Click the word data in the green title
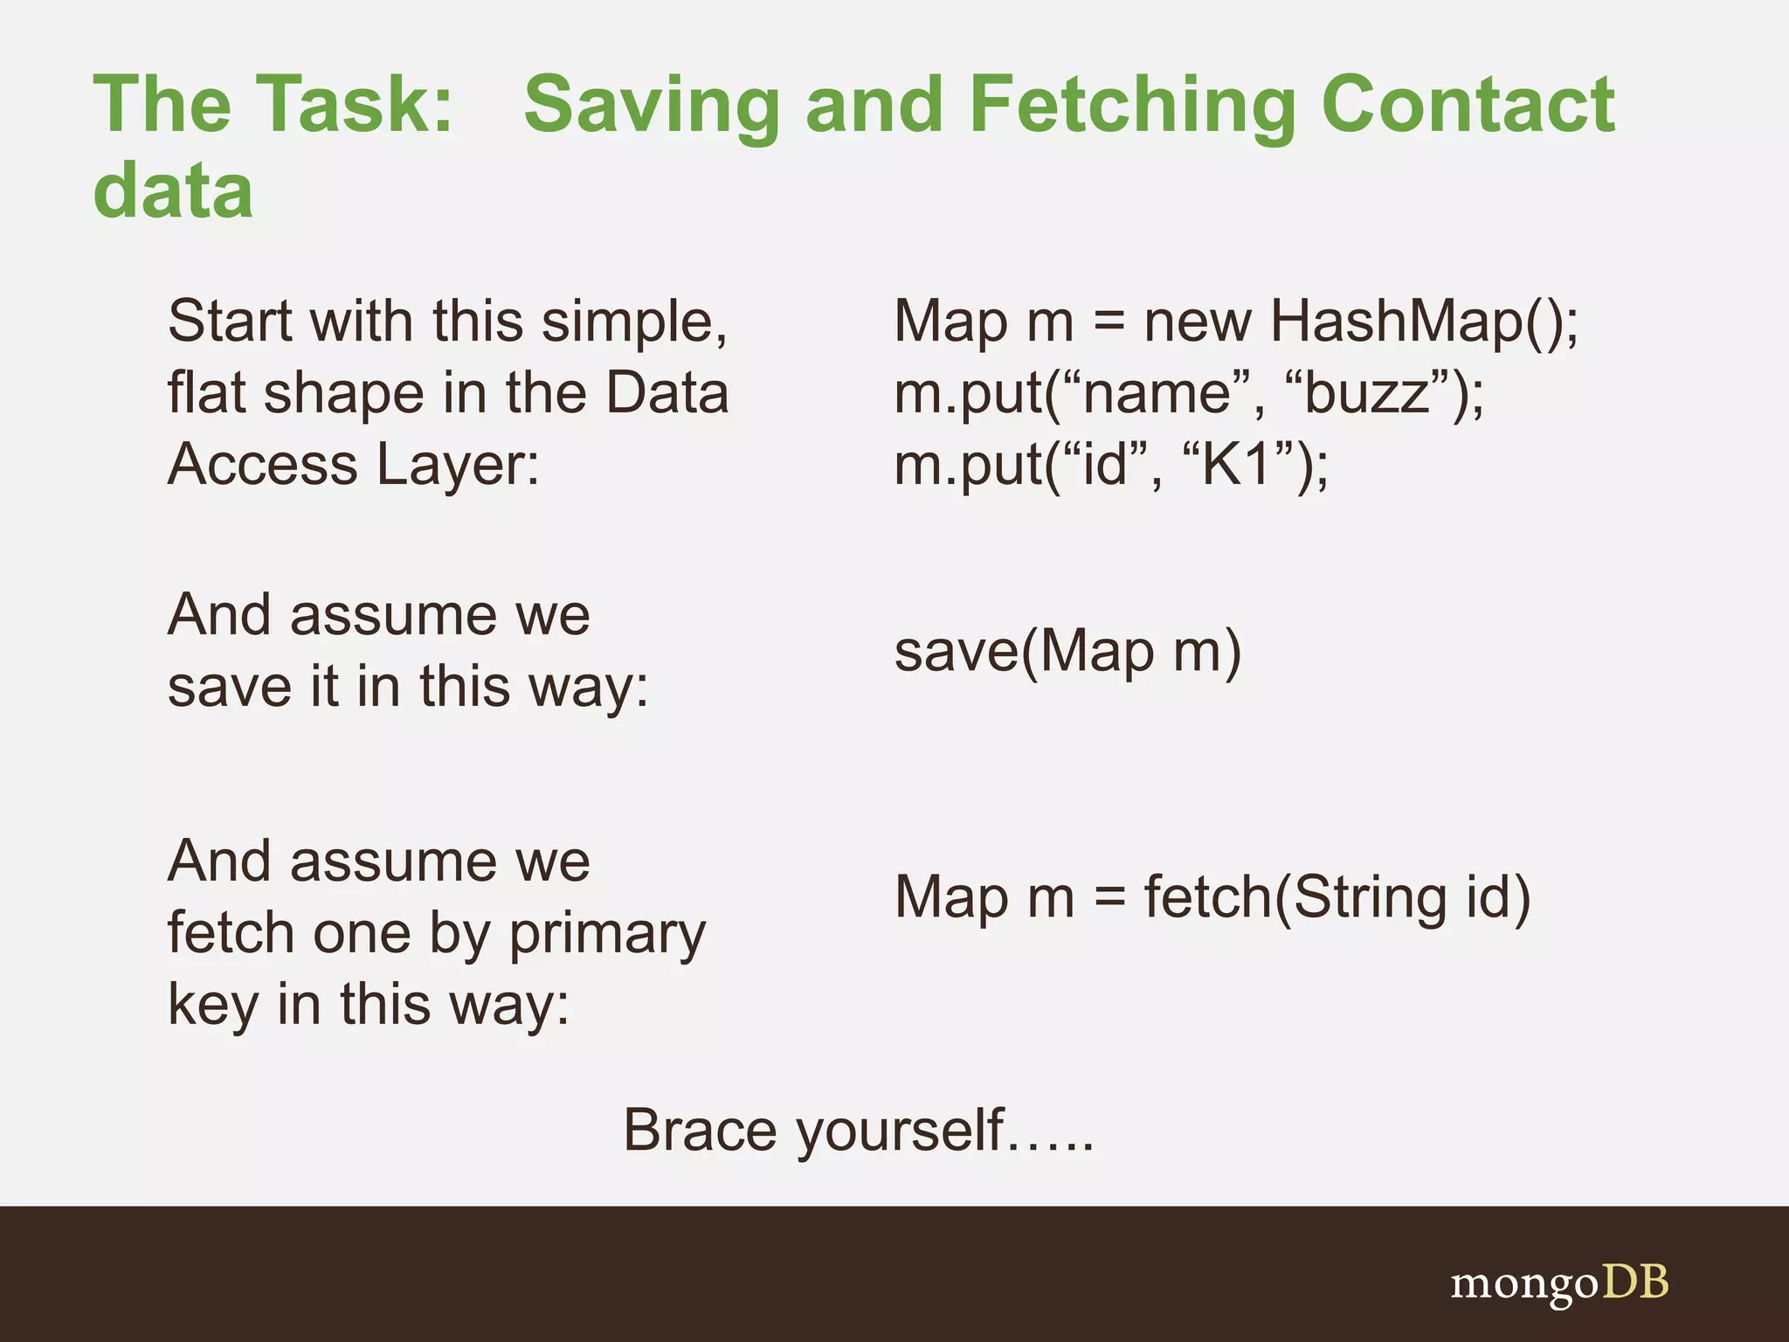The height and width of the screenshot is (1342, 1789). (x=173, y=190)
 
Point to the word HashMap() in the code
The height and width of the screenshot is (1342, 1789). (x=1424, y=322)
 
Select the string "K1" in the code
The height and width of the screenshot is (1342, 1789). (x=1236, y=464)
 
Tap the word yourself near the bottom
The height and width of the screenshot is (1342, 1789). (x=900, y=1131)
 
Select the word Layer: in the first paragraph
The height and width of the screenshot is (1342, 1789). (x=459, y=465)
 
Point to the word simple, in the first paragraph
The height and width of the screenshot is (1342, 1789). (x=634, y=322)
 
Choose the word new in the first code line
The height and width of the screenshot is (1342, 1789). (x=1197, y=322)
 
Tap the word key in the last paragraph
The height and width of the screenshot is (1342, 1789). (x=213, y=1005)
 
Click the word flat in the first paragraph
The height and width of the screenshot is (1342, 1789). (x=206, y=393)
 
